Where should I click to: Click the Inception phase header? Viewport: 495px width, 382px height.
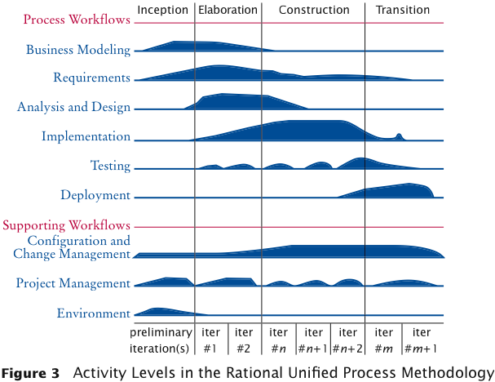[163, 10]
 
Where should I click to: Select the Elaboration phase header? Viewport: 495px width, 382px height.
[228, 10]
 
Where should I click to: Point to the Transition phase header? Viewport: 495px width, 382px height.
[403, 10]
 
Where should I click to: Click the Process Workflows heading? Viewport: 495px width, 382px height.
[77, 20]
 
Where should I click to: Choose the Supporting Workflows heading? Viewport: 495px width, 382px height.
[67, 224]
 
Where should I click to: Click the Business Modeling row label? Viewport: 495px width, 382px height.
[78, 49]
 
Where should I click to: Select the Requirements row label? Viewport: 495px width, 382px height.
[91, 78]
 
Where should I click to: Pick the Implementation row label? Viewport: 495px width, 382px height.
[86, 137]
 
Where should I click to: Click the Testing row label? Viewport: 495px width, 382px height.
[110, 166]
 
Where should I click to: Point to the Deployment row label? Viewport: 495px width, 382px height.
[95, 195]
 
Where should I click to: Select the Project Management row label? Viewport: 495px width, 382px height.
[73, 283]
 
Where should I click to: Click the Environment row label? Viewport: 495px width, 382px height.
[94, 313]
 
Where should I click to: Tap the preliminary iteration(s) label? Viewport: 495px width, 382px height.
[162, 340]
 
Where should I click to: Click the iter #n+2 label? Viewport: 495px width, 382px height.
[347, 340]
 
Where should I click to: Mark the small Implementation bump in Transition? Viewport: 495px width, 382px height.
[399, 136]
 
